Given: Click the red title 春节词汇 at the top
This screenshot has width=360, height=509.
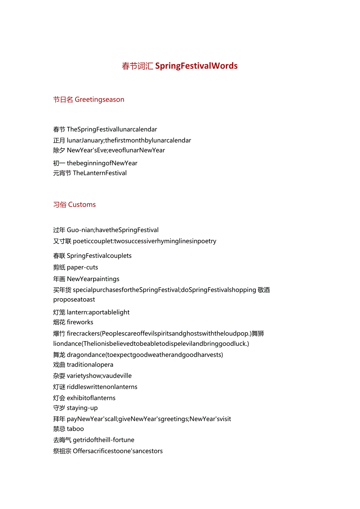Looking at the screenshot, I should [137, 66].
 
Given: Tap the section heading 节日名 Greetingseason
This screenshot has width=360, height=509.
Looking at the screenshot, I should [89, 100].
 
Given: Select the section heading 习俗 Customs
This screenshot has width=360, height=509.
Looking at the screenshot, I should [74, 205].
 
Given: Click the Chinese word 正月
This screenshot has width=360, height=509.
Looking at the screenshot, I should [59, 140].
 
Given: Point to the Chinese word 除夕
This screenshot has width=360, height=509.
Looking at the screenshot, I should [59, 150].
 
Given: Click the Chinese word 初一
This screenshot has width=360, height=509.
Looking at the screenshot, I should [59, 163].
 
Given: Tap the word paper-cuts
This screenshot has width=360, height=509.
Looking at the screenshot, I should [82, 268].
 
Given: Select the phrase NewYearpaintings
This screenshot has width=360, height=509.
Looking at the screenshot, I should [93, 279].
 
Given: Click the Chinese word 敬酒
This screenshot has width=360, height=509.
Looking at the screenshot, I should [264, 290].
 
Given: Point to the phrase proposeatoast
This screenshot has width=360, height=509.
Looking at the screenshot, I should [74, 300].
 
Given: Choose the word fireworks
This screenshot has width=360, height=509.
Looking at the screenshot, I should [80, 322].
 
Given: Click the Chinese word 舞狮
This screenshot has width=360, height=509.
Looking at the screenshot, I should [258, 334].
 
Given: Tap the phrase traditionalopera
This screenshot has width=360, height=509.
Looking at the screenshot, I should [90, 365].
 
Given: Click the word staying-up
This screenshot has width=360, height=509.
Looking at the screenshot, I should [82, 408].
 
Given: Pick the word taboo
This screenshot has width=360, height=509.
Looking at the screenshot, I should [75, 429].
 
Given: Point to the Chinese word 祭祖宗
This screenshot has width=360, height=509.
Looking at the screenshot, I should [62, 451].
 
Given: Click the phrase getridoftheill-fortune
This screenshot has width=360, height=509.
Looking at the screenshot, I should [103, 440].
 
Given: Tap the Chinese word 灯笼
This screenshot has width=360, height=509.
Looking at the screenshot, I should [59, 312].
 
